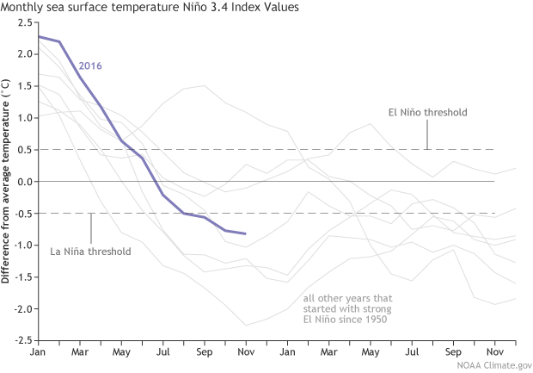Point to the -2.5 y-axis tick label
21,340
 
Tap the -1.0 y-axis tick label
21,246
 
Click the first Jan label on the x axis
39,354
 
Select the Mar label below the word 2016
80,354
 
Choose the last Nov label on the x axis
494,354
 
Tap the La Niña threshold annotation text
90,252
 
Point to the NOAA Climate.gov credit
477,365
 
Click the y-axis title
7,183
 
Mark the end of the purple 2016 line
246,233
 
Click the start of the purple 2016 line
39,36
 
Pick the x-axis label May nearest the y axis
121,354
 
